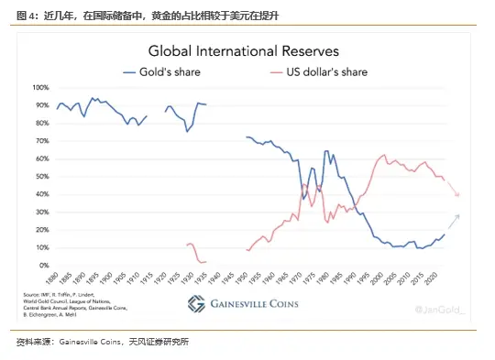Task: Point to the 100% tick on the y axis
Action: click(40, 88)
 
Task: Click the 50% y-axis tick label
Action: click(42, 177)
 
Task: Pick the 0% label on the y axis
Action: click(44, 266)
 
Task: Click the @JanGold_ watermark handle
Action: click(440, 311)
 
